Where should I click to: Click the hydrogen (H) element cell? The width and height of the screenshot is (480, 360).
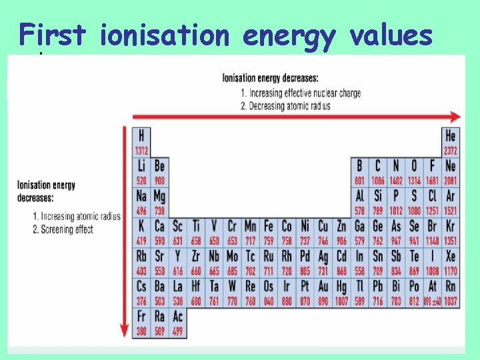(141, 141)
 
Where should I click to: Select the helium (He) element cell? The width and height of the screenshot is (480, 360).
(451, 141)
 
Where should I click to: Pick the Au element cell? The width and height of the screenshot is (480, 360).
(323, 291)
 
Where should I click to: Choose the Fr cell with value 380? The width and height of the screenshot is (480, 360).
(141, 321)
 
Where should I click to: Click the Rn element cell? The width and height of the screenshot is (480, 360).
(451, 291)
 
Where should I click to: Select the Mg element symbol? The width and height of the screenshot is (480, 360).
(159, 196)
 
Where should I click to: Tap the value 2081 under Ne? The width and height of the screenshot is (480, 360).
(451, 181)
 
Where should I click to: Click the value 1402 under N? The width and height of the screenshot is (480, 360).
(396, 181)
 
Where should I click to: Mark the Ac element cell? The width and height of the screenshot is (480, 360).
(177, 321)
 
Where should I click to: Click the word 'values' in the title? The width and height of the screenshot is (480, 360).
(392, 35)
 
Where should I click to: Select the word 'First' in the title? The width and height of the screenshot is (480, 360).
(53, 35)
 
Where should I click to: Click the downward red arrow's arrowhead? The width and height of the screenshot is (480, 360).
(123, 331)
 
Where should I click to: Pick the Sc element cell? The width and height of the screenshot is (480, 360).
(177, 231)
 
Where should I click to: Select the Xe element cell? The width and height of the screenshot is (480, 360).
(451, 261)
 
